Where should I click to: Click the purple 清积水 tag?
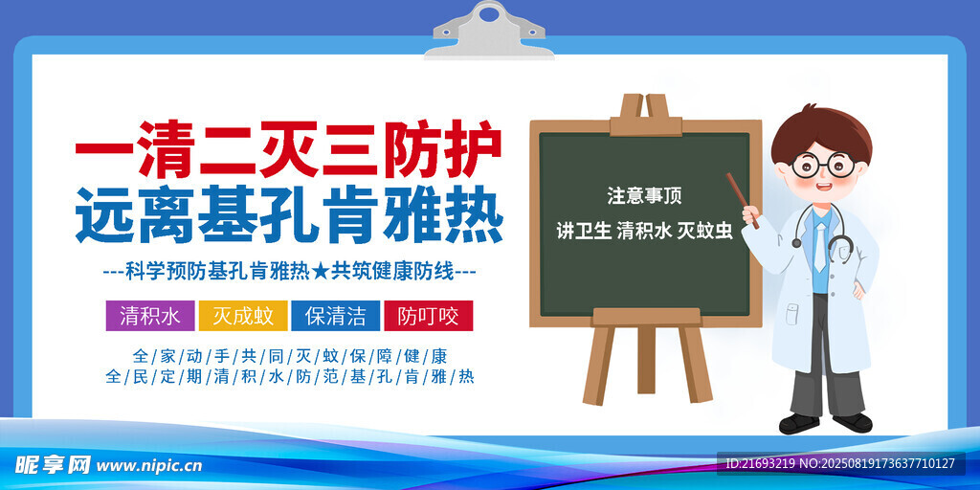click(150, 316)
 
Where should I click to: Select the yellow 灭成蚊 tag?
click(243, 316)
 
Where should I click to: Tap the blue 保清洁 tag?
click(336, 316)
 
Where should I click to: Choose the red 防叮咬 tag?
click(428, 316)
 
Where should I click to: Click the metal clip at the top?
click(489, 32)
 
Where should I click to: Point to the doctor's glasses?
click(822, 166)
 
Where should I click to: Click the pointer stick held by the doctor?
click(743, 200)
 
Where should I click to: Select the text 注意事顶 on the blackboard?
click(644, 195)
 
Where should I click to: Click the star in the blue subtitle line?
click(320, 272)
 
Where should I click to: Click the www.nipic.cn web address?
click(150, 466)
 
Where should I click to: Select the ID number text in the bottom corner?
click(840, 464)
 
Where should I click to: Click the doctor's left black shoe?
click(798, 423)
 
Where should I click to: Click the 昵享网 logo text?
click(54, 465)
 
